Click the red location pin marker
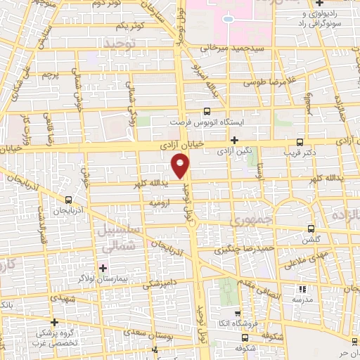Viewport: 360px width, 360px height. (x=180, y=165)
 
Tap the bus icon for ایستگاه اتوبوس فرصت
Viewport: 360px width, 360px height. (x=207, y=111)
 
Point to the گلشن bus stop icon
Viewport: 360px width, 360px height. (x=312, y=229)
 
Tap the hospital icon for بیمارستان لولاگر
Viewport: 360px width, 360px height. (x=103, y=267)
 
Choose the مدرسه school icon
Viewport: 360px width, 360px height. (x=303, y=289)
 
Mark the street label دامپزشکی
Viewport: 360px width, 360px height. (x=162, y=283)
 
